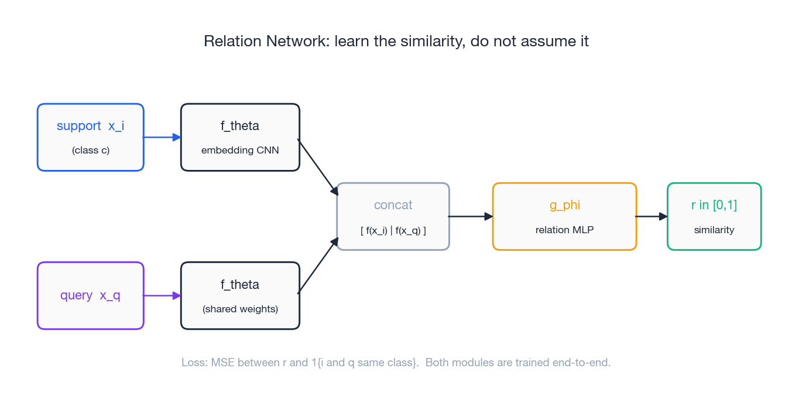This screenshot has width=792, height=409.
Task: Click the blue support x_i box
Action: (90, 137)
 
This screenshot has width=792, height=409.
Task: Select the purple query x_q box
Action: (90, 295)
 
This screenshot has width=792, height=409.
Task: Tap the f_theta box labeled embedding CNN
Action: (240, 137)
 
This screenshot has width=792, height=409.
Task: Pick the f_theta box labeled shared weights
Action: (240, 295)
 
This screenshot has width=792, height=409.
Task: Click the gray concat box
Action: (393, 216)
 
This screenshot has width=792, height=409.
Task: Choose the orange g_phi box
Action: (564, 216)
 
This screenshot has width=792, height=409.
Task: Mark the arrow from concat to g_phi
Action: (471, 216)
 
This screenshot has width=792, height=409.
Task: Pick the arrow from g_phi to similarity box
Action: (652, 216)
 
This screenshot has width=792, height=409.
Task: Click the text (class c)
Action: (91, 150)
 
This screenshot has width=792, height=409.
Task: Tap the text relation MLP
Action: (564, 230)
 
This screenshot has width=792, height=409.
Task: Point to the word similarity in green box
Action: (714, 230)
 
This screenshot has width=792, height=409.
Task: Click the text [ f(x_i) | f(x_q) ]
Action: (393, 230)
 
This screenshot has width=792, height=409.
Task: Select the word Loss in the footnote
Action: (194, 363)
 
